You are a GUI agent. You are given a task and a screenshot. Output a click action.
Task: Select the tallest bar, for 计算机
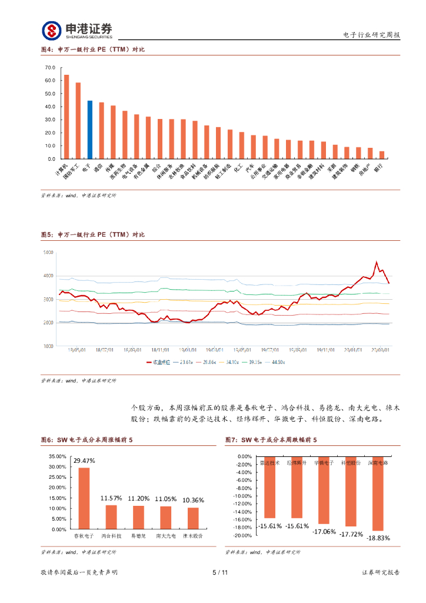coord(66,117)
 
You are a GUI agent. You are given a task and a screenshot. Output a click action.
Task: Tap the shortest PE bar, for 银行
coord(382,155)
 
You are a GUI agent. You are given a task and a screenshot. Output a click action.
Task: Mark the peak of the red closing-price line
coord(377,262)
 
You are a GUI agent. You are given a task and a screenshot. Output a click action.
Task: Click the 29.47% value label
coord(84,460)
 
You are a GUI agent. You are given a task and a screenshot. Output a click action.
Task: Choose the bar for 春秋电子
coord(84,498)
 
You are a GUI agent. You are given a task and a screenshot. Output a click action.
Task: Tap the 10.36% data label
coord(193,500)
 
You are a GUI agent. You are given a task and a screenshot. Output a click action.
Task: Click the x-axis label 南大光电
coord(166,536)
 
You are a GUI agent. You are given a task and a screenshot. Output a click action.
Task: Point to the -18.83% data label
coord(378,538)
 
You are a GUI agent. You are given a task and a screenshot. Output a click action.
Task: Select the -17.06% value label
coord(324,531)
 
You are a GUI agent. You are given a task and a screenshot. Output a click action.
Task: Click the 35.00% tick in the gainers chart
coord(58,456)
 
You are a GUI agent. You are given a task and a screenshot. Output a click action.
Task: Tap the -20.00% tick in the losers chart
coord(242,535)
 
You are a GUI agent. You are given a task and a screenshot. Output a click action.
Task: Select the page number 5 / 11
coord(219,572)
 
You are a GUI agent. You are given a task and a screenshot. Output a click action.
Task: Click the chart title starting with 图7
coord(271,440)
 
